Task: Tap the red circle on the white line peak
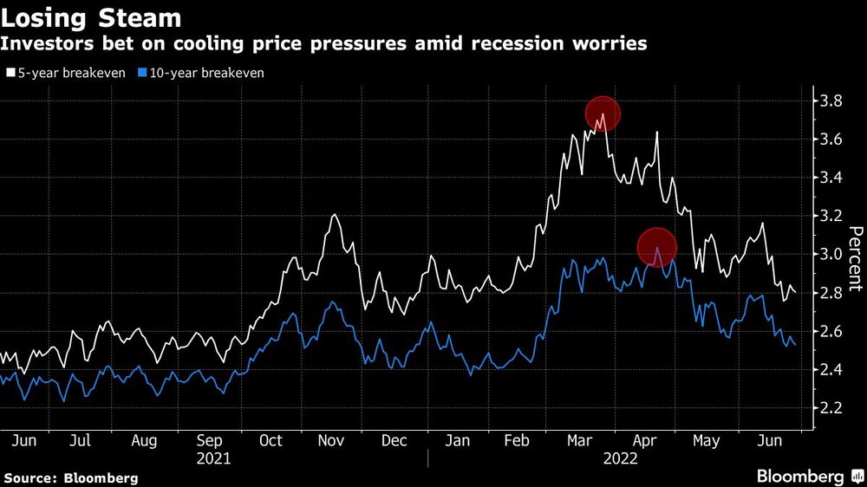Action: [603, 113]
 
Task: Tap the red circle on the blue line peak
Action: [656, 246]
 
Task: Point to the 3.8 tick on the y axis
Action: [830, 101]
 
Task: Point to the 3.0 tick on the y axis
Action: [830, 255]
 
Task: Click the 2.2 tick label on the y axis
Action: [830, 407]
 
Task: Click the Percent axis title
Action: [855, 257]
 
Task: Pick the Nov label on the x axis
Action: [332, 441]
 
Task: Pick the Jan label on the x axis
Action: [457, 441]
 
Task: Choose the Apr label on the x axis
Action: [645, 441]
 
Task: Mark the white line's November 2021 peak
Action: [334, 215]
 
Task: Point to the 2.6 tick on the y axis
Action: [830, 331]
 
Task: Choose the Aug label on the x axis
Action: [143, 441]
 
